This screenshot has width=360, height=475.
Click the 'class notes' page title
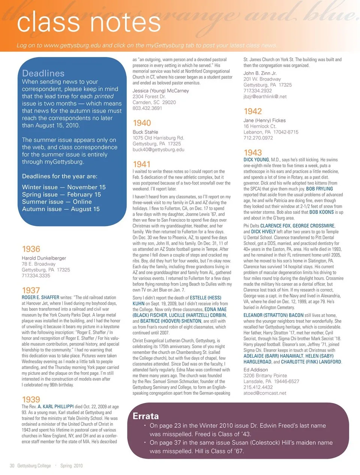coord(88,22)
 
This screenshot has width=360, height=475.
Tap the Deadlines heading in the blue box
coord(43,73)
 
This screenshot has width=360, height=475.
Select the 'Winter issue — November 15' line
coord(64,187)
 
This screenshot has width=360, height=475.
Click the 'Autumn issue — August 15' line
coord(61,209)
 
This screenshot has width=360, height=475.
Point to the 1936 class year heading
coord(31,249)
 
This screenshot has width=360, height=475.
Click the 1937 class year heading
coord(31,290)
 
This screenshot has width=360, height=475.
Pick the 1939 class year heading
coord(31,400)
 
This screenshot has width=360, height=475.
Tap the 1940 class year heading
coord(142,123)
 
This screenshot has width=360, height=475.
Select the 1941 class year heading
coord(141,164)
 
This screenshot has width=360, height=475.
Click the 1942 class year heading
coord(252,111)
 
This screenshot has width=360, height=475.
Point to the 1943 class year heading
coord(252,153)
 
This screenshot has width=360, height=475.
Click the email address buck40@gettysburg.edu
coord(158,150)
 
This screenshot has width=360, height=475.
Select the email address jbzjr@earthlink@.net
coord(265,96)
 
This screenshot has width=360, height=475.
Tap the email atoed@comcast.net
coord(265,393)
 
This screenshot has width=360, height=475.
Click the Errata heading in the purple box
coord(145,416)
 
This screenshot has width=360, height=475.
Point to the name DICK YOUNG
coord(256,159)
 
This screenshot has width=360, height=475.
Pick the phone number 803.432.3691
coord(147,108)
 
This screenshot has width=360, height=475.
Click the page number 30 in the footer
coord(12,466)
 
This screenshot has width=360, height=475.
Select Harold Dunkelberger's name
coord(44,258)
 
